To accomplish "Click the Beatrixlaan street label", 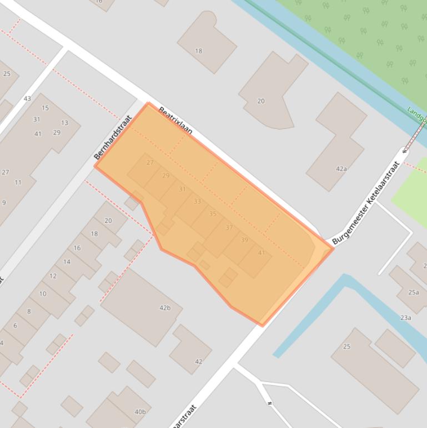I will coord(175,121).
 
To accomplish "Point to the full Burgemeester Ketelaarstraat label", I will coord(366,203).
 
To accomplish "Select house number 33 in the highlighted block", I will coord(197,201).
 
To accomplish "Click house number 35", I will coord(213,214).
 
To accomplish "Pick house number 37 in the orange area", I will coord(229,227).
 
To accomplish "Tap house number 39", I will coord(244,240).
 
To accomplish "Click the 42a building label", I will coord(341,169).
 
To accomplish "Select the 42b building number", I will coord(165,307).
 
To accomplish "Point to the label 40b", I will coord(140,412).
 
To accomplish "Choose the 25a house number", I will coord(413,292).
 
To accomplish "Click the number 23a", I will coord(405,318).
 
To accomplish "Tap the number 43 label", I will coord(27,98).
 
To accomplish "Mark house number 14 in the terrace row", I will coord(67,262).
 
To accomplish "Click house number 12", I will coord(53,276).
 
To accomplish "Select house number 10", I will coord(43,293).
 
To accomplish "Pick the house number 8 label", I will coord(29,311).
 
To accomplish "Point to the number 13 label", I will coord(64,123).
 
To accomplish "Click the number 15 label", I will coord(45,108).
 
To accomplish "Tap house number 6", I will coord(15,326).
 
